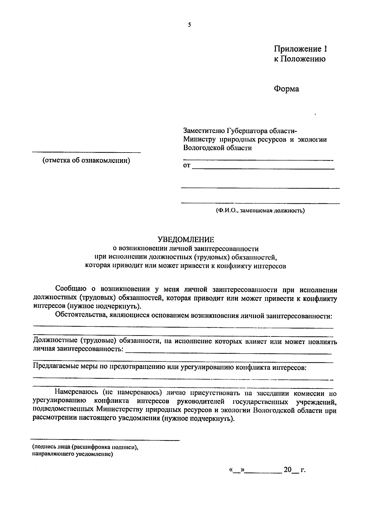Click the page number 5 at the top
pyautogui.click(x=190, y=25)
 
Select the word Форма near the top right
pyautogui.click(x=286, y=89)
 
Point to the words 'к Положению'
pyautogui.click(x=299, y=59)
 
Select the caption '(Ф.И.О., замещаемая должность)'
pyautogui.click(x=260, y=211)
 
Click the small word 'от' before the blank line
pyautogui.click(x=187, y=166)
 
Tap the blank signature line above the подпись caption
pyautogui.click(x=106, y=440)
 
